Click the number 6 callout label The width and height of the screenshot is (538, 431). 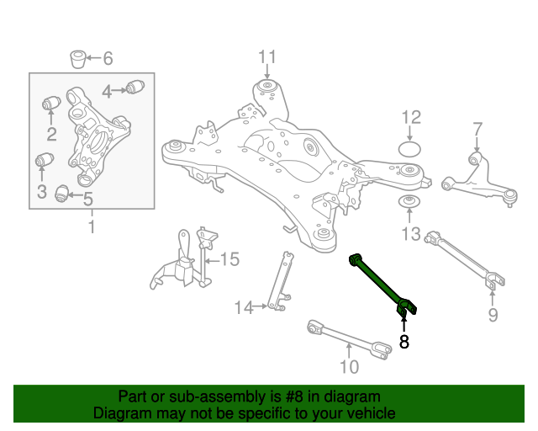107,59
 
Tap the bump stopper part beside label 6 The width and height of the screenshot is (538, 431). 77,60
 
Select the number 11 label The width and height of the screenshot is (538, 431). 266,57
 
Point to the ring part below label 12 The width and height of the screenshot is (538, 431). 409,149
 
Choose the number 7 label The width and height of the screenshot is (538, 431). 477,129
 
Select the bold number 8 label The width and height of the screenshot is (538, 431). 404,342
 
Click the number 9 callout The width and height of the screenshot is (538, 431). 493,315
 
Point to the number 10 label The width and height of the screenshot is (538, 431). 348,366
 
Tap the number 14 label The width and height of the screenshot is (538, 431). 243,308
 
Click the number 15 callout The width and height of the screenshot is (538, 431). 229,260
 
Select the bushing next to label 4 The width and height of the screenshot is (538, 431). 138,86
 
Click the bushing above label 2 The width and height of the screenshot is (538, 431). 50,104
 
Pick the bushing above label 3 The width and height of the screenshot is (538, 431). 43,160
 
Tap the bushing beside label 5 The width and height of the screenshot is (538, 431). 61,194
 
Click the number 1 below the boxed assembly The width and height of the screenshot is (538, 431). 92,226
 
